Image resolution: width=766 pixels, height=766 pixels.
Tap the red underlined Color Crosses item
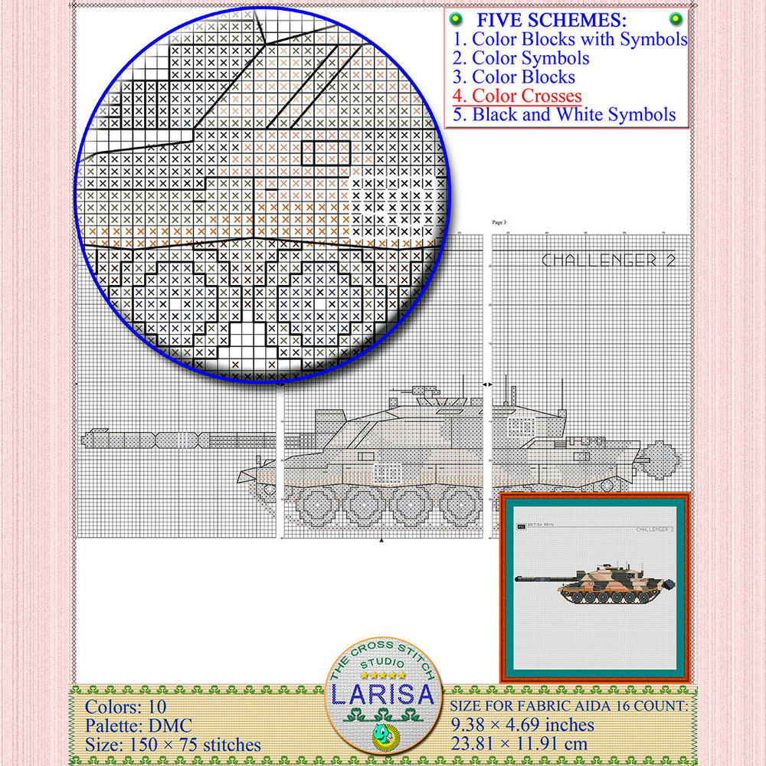[517, 97]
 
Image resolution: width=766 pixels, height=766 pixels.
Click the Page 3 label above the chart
[499, 222]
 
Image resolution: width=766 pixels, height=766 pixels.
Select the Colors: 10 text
[126, 706]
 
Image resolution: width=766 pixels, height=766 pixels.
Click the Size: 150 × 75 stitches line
[172, 745]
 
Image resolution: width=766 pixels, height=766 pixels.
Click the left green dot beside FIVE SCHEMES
[454, 18]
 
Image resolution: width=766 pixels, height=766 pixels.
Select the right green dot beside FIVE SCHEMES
[675, 18]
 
